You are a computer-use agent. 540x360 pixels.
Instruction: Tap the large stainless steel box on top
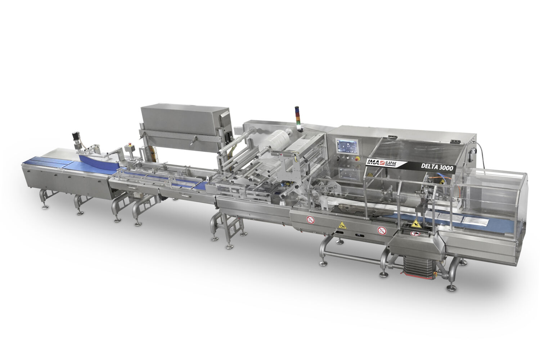[x=186, y=120]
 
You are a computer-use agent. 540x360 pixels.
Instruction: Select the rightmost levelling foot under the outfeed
[x=450, y=288]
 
